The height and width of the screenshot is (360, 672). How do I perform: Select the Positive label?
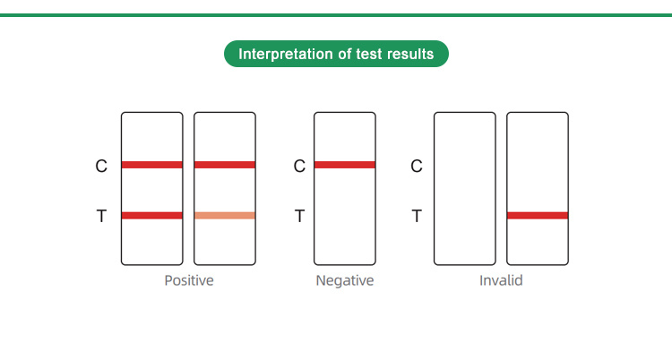(x=189, y=280)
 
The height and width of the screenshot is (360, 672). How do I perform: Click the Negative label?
(x=345, y=280)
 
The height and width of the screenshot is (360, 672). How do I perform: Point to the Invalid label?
(x=501, y=280)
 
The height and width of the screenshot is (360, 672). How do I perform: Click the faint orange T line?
(x=225, y=216)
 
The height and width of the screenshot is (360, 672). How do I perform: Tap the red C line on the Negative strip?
(x=345, y=165)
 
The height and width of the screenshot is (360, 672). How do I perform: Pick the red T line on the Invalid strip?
(x=538, y=216)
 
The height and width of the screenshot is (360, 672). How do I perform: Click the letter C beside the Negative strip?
(x=299, y=167)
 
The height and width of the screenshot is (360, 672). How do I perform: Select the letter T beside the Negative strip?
(x=299, y=216)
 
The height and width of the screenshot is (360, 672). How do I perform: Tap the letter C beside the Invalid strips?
(x=417, y=167)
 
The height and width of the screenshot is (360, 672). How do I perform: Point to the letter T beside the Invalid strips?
(x=417, y=216)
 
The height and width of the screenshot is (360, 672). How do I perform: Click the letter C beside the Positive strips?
(x=101, y=167)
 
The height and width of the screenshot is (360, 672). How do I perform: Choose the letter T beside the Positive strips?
(x=101, y=216)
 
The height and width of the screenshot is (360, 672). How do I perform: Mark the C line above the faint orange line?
(x=225, y=165)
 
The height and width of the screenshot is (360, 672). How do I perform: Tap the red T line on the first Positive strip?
(x=152, y=216)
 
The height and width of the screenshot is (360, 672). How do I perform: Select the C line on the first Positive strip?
(x=152, y=165)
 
